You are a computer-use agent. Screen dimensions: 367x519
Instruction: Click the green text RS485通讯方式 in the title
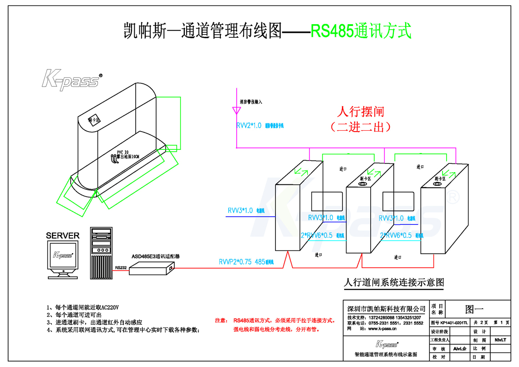(x=361, y=31)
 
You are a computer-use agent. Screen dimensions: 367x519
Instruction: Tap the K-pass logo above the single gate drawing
(x=71, y=80)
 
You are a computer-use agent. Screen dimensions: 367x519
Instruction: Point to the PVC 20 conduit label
(x=122, y=152)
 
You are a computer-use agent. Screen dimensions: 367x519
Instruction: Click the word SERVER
(x=63, y=236)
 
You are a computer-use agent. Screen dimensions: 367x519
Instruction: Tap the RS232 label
(x=121, y=268)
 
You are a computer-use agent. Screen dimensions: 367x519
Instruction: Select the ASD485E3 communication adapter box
(x=152, y=270)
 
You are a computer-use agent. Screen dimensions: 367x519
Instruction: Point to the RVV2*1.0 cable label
(x=249, y=126)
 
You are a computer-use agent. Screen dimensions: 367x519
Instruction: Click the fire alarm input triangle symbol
(x=236, y=110)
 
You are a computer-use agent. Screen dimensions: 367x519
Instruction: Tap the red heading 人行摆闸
(x=360, y=112)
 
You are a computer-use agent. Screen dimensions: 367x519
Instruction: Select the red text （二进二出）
(x=360, y=127)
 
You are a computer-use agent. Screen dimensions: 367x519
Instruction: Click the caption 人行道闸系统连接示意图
(x=394, y=283)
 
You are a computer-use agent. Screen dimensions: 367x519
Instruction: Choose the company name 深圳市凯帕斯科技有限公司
(x=386, y=309)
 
